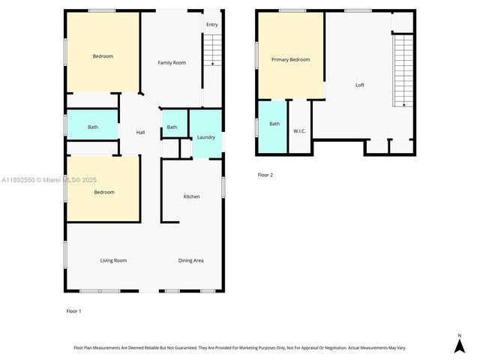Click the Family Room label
point(172,63)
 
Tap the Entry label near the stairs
point(212,25)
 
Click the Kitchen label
point(192,196)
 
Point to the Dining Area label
point(191,260)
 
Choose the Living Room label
point(113,260)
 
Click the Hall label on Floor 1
point(140,133)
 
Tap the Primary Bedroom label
point(290,60)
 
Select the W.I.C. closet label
point(300,131)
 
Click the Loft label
point(360,85)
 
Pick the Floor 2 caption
point(265,175)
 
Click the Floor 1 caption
point(74,310)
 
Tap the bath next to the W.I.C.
point(274,124)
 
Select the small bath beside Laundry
point(172,127)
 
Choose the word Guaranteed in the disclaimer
point(206,347)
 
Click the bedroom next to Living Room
point(103,192)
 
